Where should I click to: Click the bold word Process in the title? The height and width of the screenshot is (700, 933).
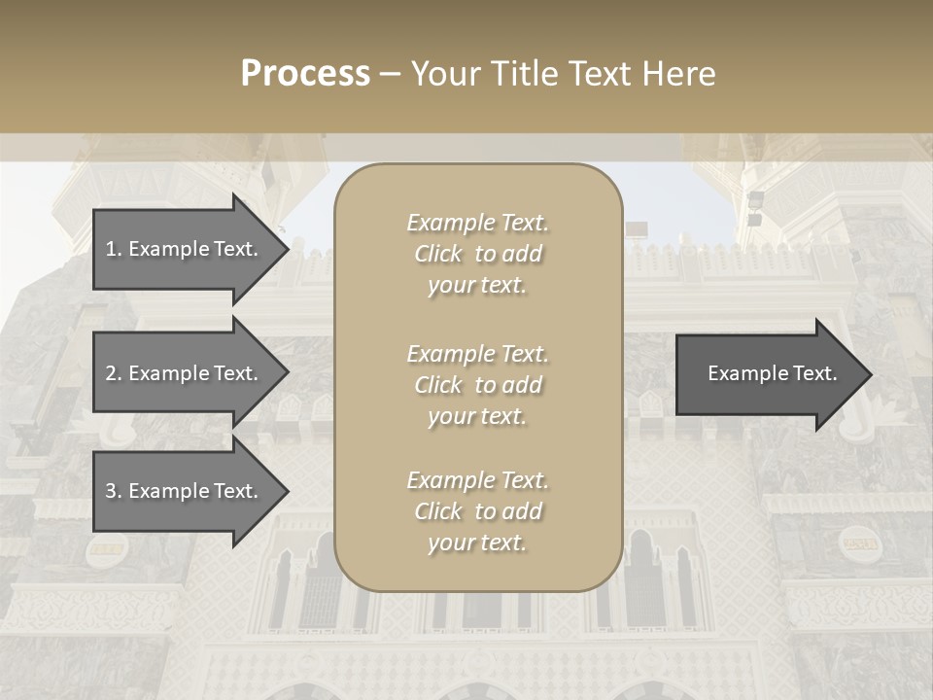click(x=305, y=74)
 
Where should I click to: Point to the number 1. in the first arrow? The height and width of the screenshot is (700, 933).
click(x=114, y=249)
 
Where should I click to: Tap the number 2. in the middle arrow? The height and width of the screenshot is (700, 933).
click(x=114, y=373)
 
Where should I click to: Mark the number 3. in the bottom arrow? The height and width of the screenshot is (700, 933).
click(x=114, y=491)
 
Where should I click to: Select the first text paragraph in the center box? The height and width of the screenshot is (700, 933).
click(x=477, y=254)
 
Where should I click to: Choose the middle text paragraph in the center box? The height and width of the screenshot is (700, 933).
click(x=477, y=385)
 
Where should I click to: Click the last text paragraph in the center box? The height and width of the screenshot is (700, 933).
click(x=477, y=511)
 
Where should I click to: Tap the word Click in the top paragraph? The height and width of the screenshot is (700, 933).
click(x=438, y=254)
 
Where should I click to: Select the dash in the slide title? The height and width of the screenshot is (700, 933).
click(x=390, y=74)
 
